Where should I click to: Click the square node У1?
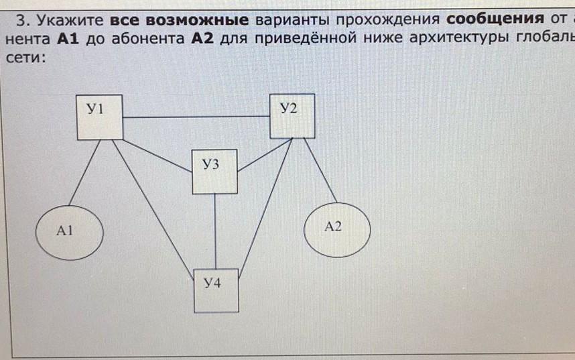point(100,117)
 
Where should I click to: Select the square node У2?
point(292,116)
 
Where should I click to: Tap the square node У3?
point(214,172)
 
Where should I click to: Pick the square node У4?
point(216,290)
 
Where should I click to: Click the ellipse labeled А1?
point(69,232)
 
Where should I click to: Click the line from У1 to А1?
point(84,172)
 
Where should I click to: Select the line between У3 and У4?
point(215,231)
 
